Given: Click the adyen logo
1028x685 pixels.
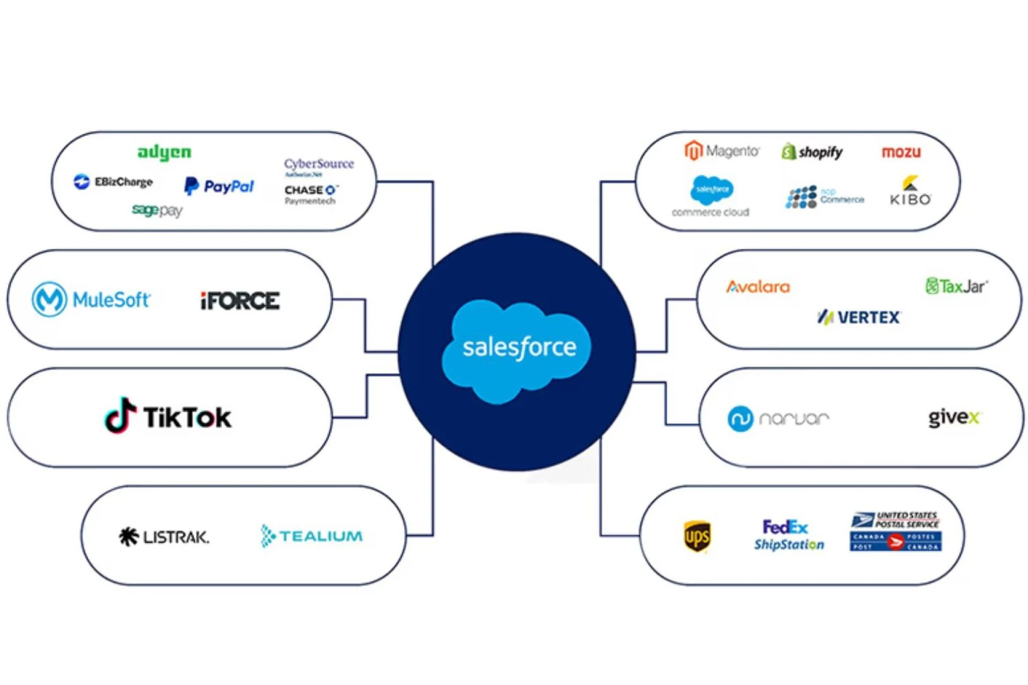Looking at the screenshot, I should pos(164,153).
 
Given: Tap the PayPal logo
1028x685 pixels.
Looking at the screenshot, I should pos(219,186).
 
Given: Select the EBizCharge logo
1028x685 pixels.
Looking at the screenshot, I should pos(113,182).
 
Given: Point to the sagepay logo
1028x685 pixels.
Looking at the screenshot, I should pos(157,210).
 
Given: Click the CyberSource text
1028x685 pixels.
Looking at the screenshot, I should pos(319,164).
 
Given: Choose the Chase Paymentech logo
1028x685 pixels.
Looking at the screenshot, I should pos(311,195).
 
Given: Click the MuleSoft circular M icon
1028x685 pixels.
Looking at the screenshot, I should pos(49,299).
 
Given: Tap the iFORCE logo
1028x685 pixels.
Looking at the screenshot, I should pos(240,301).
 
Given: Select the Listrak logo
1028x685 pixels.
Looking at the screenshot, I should pos(164,536).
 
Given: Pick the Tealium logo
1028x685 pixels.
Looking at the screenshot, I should pos(312,536).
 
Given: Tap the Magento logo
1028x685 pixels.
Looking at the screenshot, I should pos(721,151).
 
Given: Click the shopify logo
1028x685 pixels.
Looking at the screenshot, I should pos(812,152).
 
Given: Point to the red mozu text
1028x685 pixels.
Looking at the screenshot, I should pos(901,153).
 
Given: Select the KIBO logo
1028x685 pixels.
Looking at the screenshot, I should pos(910,192).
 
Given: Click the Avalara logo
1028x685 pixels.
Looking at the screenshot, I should pos(758,287).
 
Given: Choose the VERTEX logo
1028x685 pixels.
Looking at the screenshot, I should pos(859,317).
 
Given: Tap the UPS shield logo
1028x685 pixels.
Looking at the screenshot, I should pos(697,536).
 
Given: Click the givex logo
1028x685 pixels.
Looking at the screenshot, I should pos(954,417).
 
